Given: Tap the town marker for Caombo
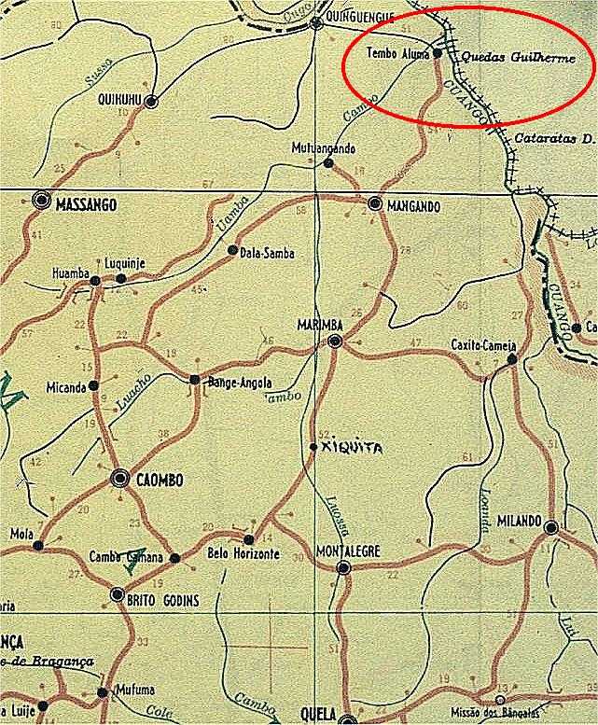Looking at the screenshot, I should click(119, 479).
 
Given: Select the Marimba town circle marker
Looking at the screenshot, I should click(336, 342).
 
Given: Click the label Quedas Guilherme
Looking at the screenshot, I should click(525, 57).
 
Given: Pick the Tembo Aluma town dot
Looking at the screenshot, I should click(438, 53).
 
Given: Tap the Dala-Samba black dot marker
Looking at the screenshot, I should click(233, 250).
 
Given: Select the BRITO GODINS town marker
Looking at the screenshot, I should click(118, 594).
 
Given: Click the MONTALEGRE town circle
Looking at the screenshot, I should click(343, 566).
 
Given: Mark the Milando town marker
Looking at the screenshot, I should click(551, 528).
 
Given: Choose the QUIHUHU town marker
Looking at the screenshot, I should click(150, 101).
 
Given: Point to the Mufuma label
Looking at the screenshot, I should click(132, 690).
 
